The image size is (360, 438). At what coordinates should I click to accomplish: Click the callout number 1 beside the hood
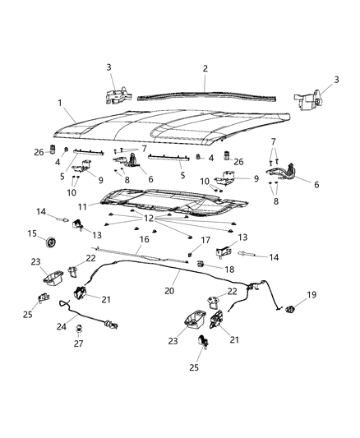(59, 102)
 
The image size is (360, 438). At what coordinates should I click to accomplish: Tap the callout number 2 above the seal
(205, 68)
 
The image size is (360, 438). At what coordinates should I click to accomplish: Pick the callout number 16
(145, 241)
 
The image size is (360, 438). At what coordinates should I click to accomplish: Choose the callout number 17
(196, 240)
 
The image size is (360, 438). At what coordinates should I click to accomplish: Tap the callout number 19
(312, 294)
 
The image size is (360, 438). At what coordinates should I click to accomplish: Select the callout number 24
(60, 325)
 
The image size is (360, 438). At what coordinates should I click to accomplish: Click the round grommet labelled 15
(51, 243)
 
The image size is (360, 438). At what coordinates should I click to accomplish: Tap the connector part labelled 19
(290, 309)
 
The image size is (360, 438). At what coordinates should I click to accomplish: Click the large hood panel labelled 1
(164, 123)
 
